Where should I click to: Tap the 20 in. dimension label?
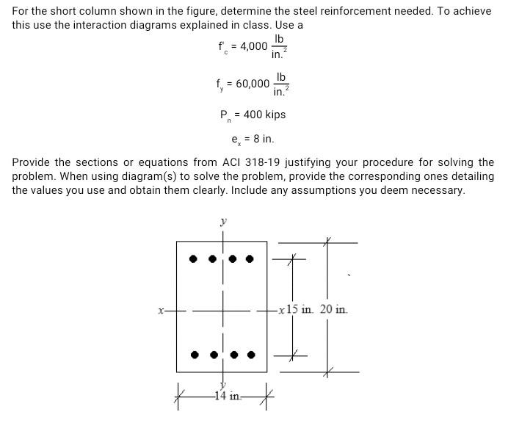(x=334, y=310)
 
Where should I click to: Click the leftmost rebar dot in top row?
(x=193, y=258)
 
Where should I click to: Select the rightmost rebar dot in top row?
(x=250, y=258)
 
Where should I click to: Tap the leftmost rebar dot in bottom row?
(x=194, y=355)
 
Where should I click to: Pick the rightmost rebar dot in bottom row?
(x=251, y=355)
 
